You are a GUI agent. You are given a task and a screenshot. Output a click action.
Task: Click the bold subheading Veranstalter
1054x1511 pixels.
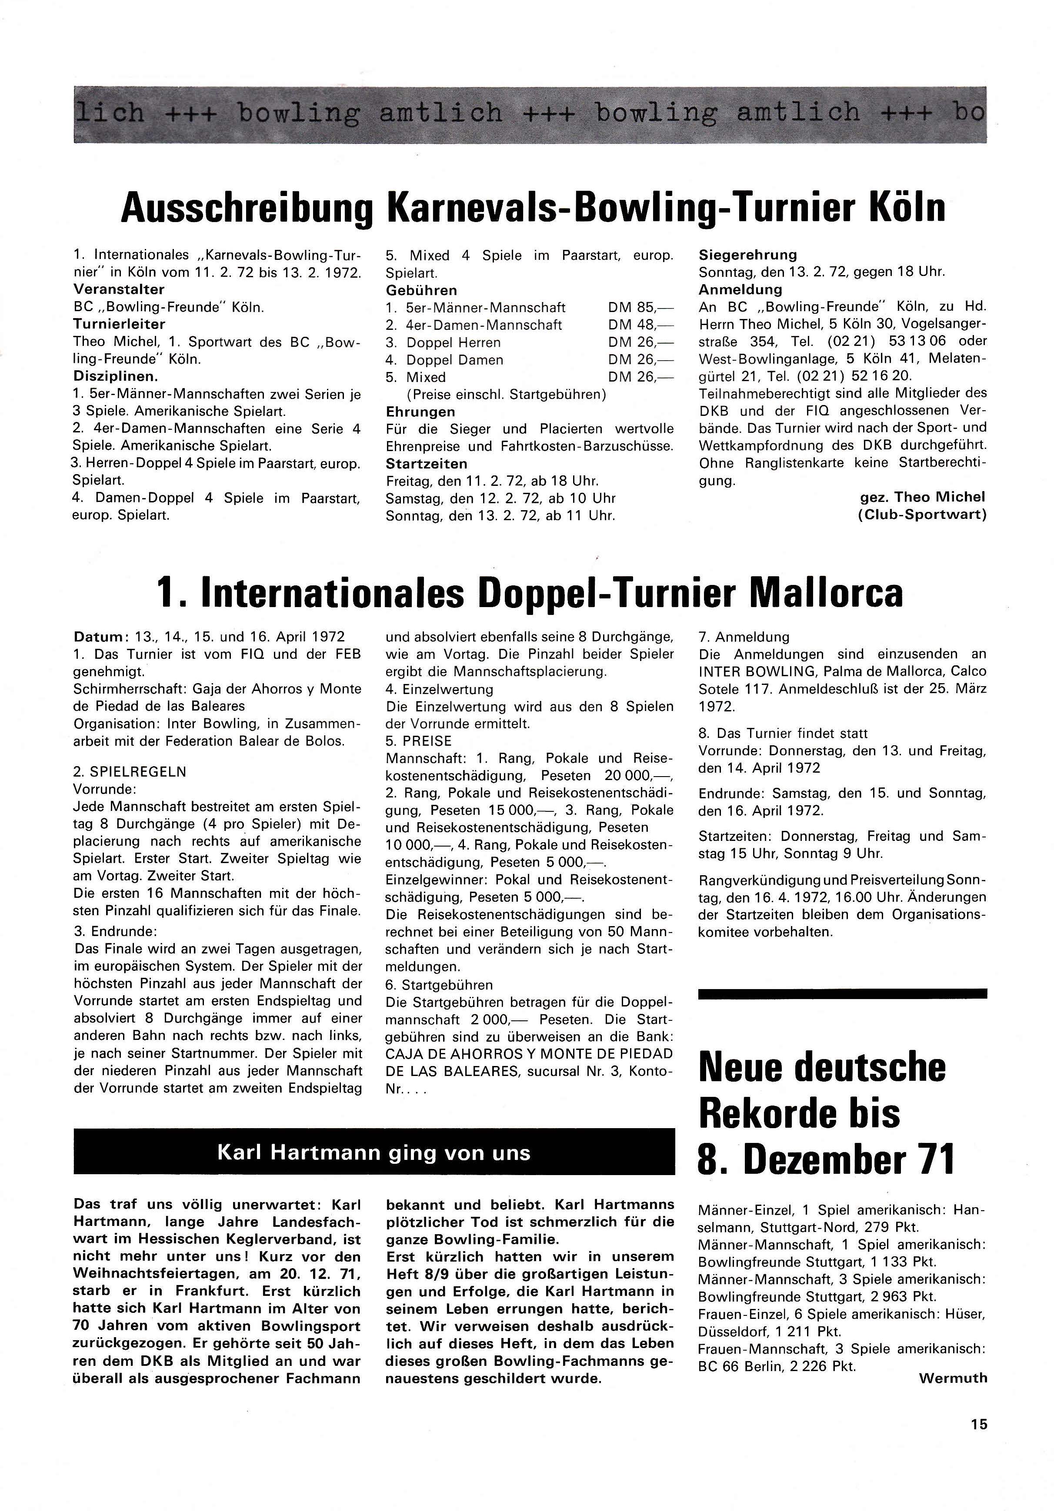tap(119, 289)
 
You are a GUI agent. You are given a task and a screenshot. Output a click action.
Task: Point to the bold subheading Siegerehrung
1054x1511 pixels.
tap(748, 254)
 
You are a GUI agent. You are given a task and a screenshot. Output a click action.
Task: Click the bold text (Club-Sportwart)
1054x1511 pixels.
tap(922, 515)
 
